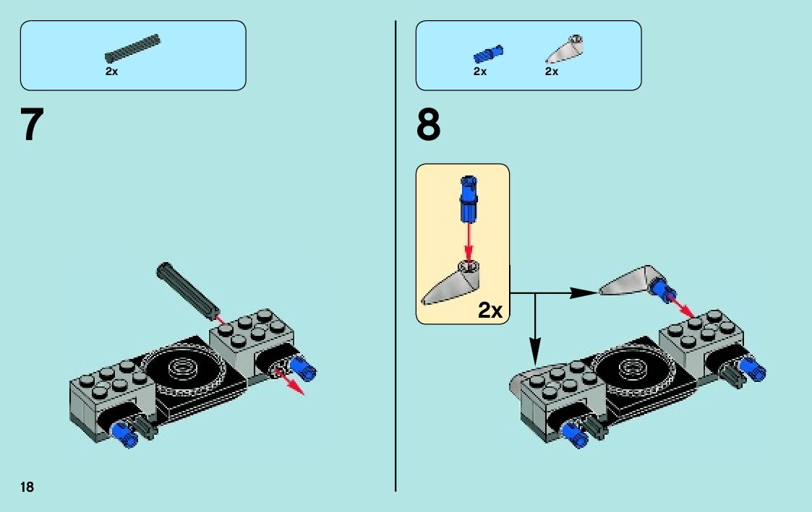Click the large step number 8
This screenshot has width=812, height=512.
428,125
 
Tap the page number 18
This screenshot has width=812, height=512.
27,487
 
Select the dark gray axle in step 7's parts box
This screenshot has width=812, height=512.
132,48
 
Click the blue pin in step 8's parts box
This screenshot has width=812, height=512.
488,53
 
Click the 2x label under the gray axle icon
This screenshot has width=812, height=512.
111,71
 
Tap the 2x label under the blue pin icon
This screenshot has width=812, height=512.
480,71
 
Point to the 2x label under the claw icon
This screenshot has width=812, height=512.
552,71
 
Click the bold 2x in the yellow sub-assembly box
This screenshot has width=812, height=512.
490,311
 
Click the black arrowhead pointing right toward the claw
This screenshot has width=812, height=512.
583,293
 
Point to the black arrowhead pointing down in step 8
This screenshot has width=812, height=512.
535,355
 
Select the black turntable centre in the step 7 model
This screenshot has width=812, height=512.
177,370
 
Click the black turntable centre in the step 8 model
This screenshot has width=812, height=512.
628,369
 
